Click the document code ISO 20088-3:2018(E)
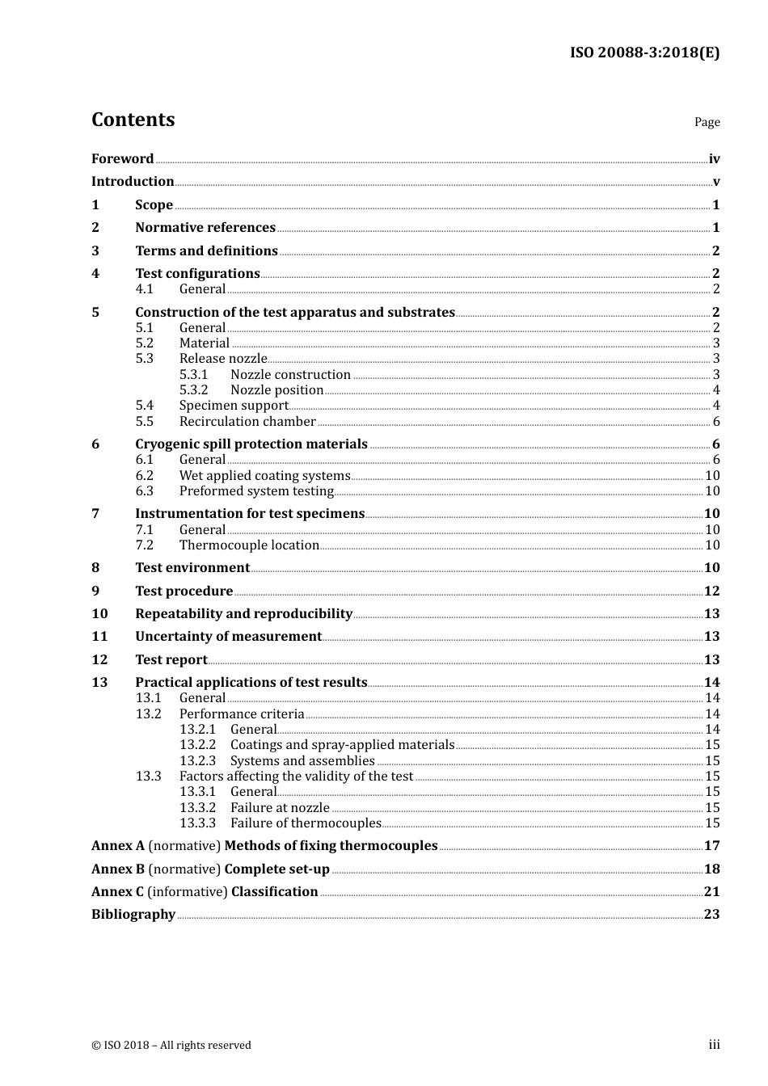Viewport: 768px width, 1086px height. pos(644,53)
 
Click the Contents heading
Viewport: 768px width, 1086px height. pos(133,120)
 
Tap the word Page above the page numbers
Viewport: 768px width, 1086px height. pos(707,122)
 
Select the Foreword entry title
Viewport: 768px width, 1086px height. pos(122,158)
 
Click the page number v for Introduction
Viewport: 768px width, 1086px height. pos(715,182)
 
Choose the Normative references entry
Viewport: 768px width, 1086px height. pos(205,228)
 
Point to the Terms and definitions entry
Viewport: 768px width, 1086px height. pos(206,250)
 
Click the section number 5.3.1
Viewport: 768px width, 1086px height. pos(193,374)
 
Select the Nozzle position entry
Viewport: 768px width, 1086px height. pos(276,389)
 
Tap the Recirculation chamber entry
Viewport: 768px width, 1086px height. pos(247,421)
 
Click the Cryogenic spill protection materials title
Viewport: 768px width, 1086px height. pos(251,444)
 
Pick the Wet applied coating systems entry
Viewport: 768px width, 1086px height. pos(264,475)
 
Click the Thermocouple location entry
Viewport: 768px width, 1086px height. pos(249,545)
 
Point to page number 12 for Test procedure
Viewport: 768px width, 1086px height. pos(711,591)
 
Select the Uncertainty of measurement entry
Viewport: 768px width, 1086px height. pos(228,636)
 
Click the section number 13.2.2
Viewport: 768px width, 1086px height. pos(197,744)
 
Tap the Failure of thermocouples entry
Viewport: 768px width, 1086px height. pos(306,823)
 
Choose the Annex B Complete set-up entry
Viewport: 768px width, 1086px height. pos(210,869)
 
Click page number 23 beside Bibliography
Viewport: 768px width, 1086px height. pos(711,914)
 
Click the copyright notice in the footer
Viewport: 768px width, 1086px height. pos(171,1045)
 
